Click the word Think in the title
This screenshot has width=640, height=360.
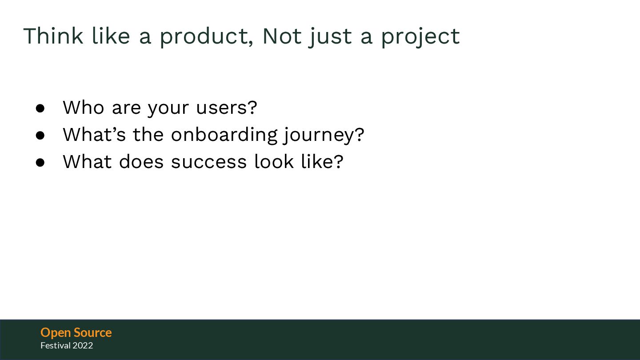tap(53, 36)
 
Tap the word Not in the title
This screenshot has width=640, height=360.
tap(282, 36)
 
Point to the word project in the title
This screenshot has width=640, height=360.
tap(420, 37)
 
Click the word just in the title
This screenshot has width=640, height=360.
tap(330, 37)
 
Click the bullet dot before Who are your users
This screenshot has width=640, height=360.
tap(40, 108)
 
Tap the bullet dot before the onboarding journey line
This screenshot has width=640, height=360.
tap(40, 136)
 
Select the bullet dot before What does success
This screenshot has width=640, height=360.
tap(40, 162)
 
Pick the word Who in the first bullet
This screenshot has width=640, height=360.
tap(84, 108)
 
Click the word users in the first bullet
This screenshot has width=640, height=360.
tap(227, 108)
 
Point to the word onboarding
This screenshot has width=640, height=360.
tap(224, 135)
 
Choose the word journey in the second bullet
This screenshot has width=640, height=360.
tap(324, 136)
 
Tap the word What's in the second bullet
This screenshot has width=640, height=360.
tap(94, 134)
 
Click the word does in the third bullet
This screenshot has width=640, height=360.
tap(141, 161)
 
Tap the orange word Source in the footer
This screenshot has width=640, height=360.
tap(92, 332)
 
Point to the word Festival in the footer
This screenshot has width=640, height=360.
tap(56, 345)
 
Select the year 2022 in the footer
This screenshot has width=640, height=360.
tap(83, 346)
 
